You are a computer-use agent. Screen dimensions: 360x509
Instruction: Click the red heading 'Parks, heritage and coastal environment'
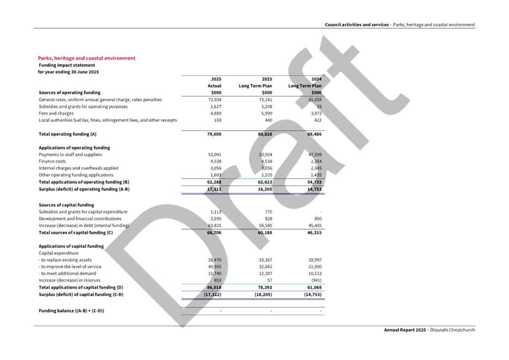(87, 58)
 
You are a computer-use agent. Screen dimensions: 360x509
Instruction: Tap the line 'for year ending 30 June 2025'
(68, 72)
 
